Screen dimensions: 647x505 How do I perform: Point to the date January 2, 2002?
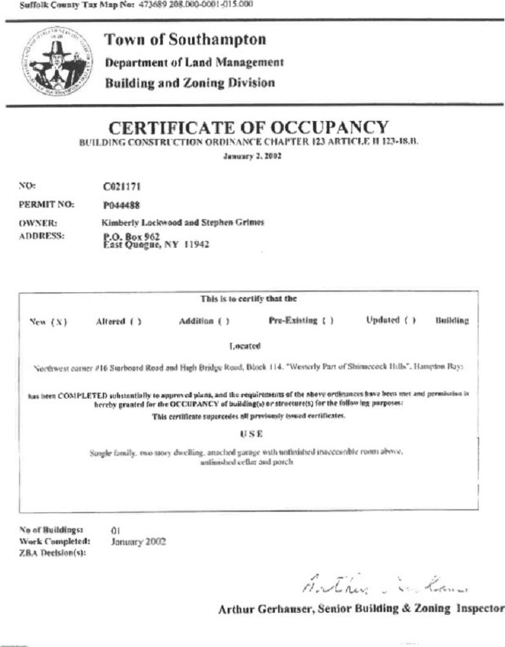(252, 155)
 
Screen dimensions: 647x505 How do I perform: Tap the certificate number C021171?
(123, 187)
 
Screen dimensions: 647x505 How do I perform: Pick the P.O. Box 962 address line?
(123, 236)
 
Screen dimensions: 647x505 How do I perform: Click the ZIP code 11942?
(197, 245)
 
